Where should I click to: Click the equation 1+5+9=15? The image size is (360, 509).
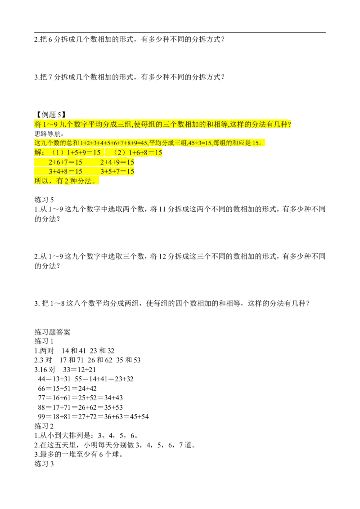(84, 153)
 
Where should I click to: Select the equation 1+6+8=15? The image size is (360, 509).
(145, 153)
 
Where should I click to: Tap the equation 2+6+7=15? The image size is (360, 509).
(65, 162)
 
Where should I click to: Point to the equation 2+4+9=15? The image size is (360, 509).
(117, 162)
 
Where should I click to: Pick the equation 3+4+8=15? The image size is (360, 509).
(65, 172)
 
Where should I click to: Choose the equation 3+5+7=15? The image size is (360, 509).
(117, 172)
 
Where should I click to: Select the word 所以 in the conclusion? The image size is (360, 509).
(41, 181)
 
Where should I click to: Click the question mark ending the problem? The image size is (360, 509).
(289, 124)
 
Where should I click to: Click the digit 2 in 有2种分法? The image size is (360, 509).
(66, 181)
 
